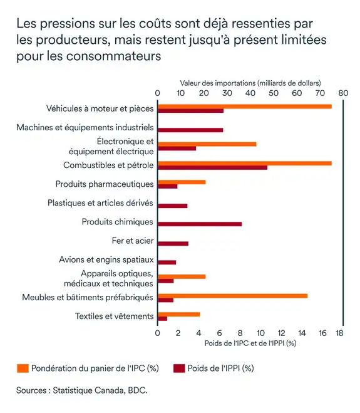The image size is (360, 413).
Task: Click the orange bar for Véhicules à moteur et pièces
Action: (244, 107)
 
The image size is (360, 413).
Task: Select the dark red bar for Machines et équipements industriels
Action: (190, 130)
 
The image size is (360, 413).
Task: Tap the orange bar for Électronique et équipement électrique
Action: (207, 144)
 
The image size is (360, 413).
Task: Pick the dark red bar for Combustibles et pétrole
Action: (212, 167)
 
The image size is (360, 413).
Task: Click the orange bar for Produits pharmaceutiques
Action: (182, 182)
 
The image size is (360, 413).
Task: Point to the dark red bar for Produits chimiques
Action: (200, 224)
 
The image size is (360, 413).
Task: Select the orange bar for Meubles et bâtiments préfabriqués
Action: (232, 295)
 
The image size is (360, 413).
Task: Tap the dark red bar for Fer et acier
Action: (173, 243)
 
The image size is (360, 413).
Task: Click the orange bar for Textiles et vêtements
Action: (178, 314)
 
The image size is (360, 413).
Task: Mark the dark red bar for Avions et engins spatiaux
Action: (167, 262)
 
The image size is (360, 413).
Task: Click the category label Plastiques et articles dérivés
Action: (100, 203)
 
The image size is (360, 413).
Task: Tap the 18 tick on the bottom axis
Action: (339, 333)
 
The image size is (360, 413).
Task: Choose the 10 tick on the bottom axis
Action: (260, 333)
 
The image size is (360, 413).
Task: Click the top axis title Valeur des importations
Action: (250, 83)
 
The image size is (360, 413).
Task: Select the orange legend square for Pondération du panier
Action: (23, 368)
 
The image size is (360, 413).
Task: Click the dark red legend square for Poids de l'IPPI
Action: (178, 368)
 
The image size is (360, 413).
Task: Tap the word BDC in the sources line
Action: (136, 390)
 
